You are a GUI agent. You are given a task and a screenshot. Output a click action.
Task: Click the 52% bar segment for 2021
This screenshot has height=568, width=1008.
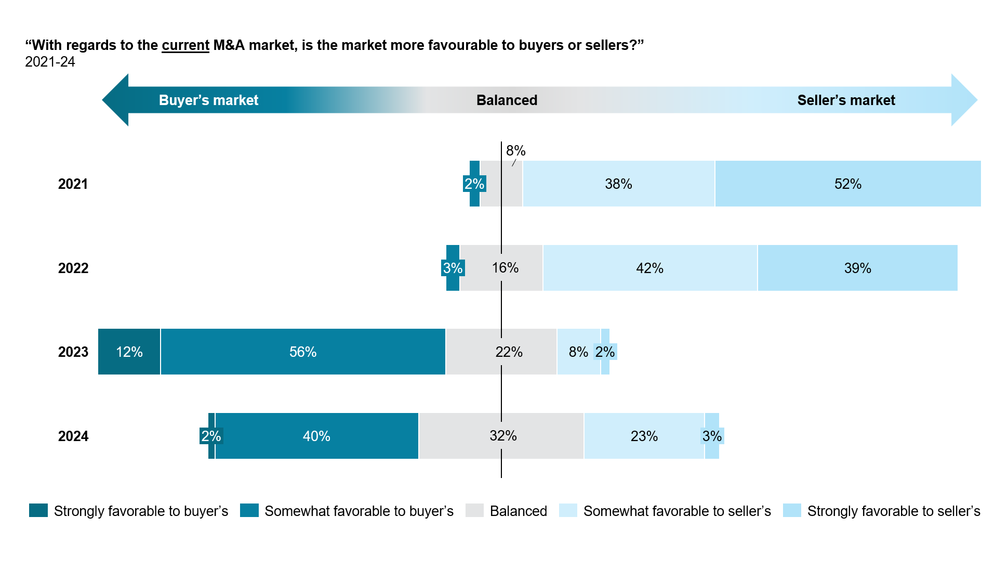click(848, 184)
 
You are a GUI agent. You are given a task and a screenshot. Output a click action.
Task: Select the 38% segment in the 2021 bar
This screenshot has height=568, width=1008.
click(618, 184)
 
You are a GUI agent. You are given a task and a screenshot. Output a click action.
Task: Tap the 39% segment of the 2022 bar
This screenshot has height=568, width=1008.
click(857, 268)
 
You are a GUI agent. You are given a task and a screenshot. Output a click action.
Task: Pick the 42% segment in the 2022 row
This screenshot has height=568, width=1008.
click(649, 268)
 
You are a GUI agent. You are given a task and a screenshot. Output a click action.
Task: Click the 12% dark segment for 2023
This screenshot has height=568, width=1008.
click(129, 352)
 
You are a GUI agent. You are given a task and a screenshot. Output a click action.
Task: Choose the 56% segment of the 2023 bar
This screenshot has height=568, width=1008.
click(303, 352)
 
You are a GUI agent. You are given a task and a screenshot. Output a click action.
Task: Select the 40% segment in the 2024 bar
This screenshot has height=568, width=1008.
click(316, 436)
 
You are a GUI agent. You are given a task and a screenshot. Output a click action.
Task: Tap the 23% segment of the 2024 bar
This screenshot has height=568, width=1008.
click(644, 436)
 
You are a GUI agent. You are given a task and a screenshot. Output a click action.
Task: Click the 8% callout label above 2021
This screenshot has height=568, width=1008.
click(515, 151)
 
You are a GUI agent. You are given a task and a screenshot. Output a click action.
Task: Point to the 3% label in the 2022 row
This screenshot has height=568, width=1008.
click(453, 268)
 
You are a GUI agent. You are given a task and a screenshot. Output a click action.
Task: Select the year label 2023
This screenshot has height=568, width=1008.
click(73, 352)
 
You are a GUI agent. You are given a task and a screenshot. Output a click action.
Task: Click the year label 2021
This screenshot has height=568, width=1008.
click(73, 184)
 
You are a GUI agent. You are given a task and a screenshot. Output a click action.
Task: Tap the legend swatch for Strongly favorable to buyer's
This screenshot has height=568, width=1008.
click(38, 510)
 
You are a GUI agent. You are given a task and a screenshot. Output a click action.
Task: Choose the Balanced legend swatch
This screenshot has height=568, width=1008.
click(474, 510)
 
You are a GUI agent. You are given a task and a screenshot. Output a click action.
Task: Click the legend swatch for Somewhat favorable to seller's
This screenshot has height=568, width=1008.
click(568, 510)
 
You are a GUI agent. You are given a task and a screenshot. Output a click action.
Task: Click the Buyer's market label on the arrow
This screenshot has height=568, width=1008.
click(208, 100)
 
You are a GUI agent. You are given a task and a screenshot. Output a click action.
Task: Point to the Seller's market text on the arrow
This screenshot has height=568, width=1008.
click(846, 100)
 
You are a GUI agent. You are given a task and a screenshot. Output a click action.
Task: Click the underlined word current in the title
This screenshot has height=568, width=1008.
click(185, 45)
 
